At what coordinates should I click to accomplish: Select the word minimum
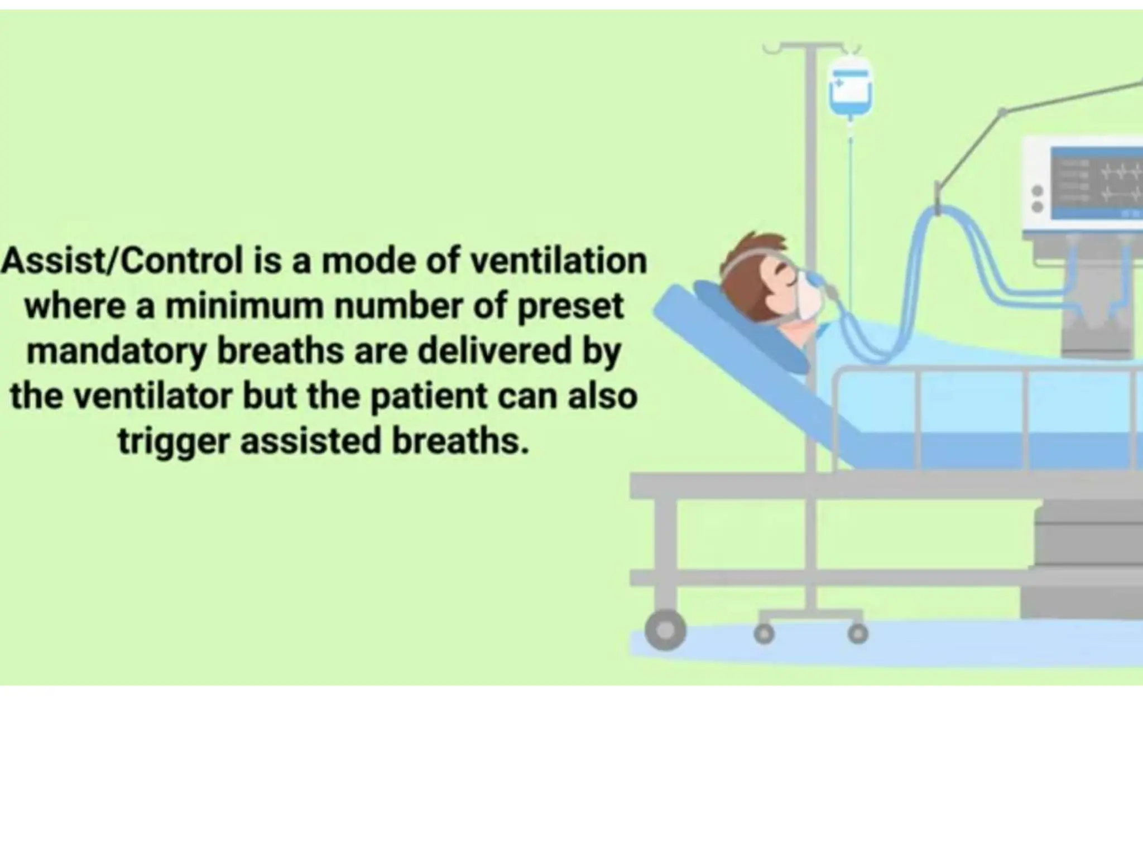point(244,306)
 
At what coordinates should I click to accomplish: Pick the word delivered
point(494,351)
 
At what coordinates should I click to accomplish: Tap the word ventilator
point(153,396)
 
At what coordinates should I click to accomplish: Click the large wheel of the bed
point(665,630)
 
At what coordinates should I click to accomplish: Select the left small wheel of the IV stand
point(764,634)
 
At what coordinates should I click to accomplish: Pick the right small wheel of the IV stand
point(858,634)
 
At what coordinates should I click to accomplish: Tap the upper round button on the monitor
point(1038,191)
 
